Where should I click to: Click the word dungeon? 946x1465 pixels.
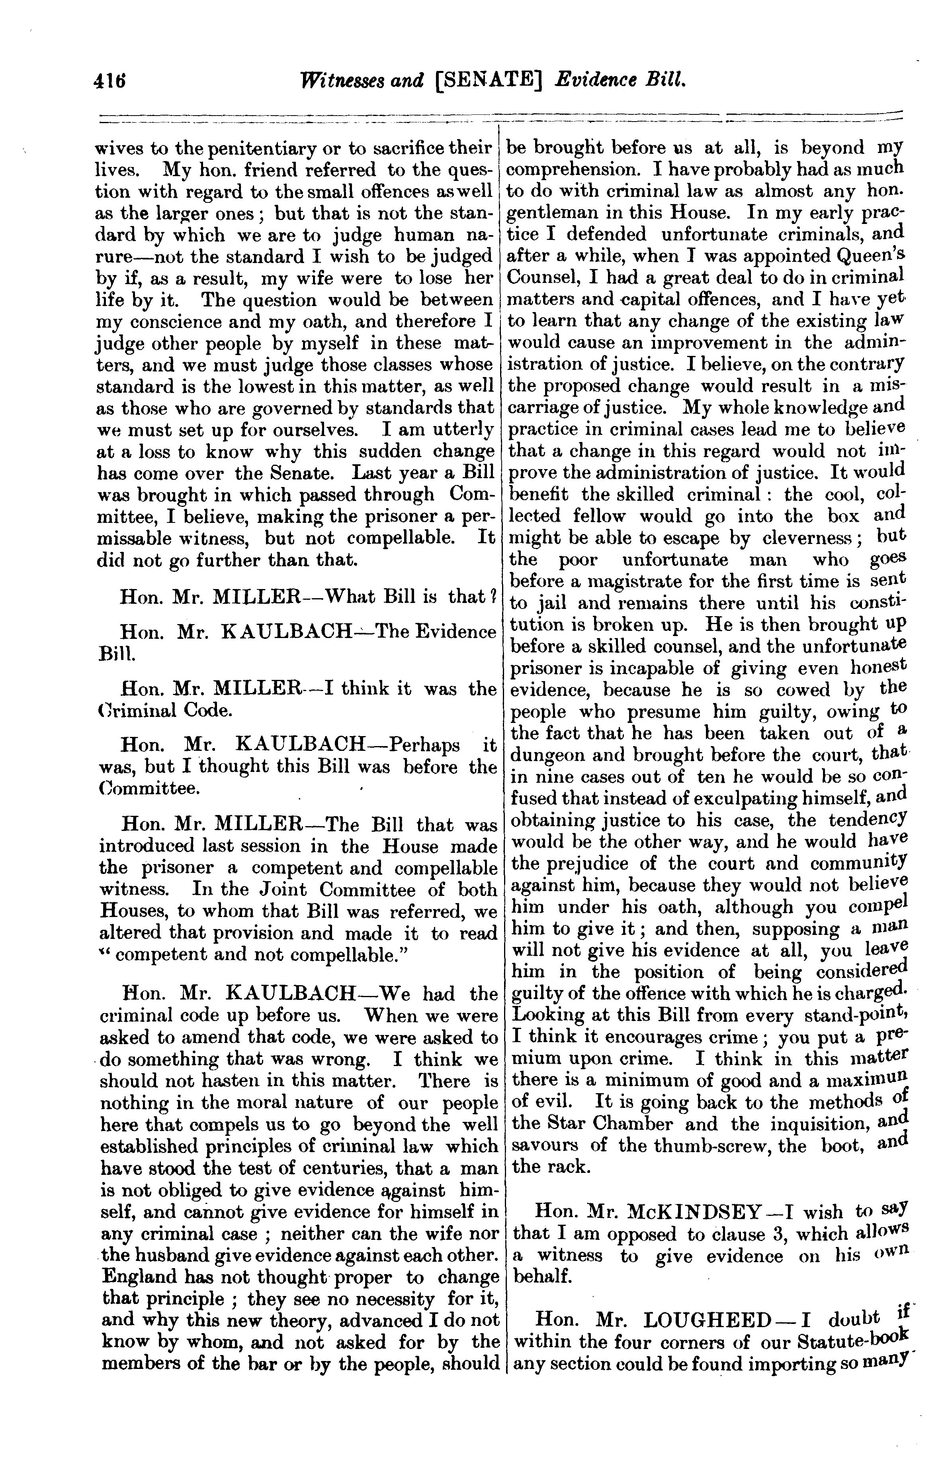click(x=547, y=756)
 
